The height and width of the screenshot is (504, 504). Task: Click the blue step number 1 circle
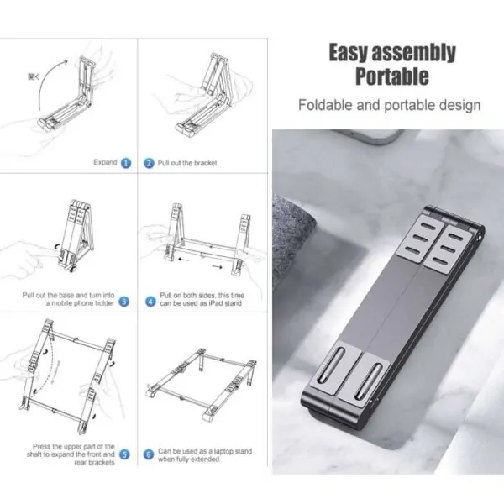click(125, 163)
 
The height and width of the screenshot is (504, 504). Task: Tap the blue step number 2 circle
click(149, 163)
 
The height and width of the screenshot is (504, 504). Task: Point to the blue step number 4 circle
click(150, 301)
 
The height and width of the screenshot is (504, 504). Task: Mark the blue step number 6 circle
click(149, 454)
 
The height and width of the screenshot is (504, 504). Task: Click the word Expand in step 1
click(105, 163)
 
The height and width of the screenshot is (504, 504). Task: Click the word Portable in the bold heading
click(391, 77)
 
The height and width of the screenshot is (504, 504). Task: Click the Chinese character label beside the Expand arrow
click(33, 76)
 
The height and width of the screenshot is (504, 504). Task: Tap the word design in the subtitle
click(459, 106)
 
